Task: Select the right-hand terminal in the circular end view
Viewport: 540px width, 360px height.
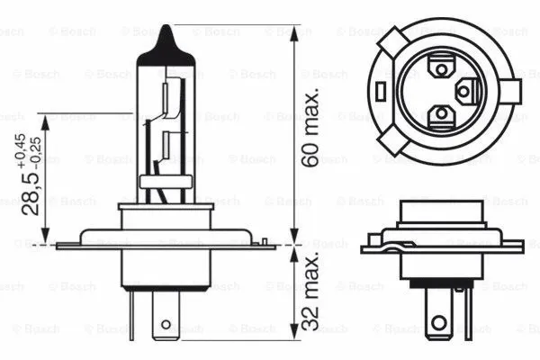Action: click(466, 91)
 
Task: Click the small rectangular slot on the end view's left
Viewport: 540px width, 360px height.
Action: click(383, 91)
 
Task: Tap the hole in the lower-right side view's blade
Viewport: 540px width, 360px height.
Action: click(438, 320)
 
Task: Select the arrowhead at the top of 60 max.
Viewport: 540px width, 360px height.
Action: click(295, 30)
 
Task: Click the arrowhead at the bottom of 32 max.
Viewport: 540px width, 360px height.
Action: click(295, 338)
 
